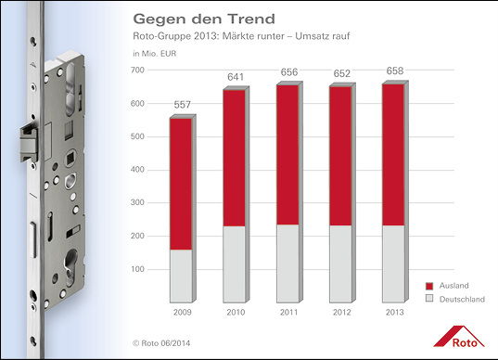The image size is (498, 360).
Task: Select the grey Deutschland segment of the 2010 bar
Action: tap(234, 264)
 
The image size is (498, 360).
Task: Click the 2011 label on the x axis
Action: tap(288, 312)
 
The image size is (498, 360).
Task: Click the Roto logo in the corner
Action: tap(465, 335)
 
